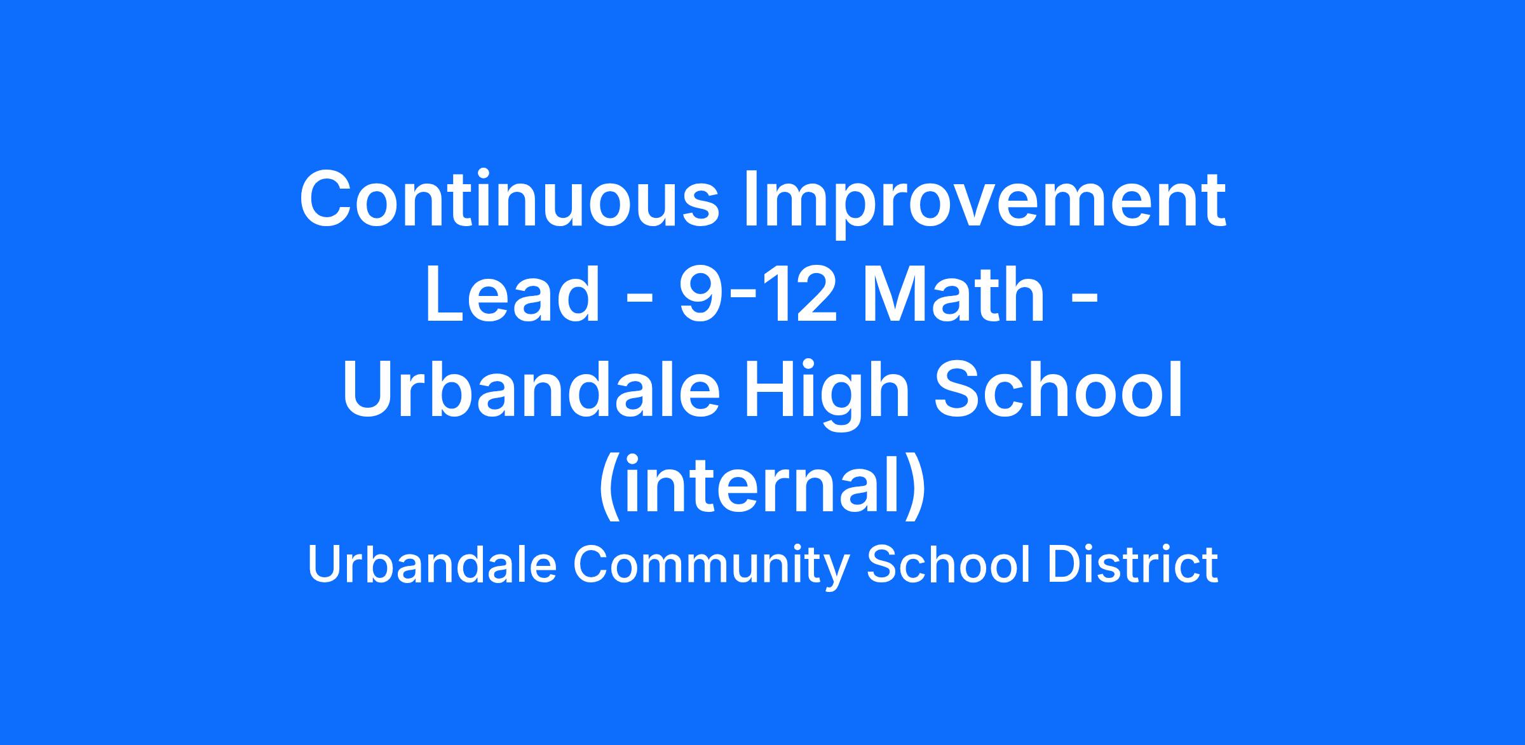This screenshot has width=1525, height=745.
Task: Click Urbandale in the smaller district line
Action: coord(432,565)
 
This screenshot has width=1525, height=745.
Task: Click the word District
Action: coord(1133,565)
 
